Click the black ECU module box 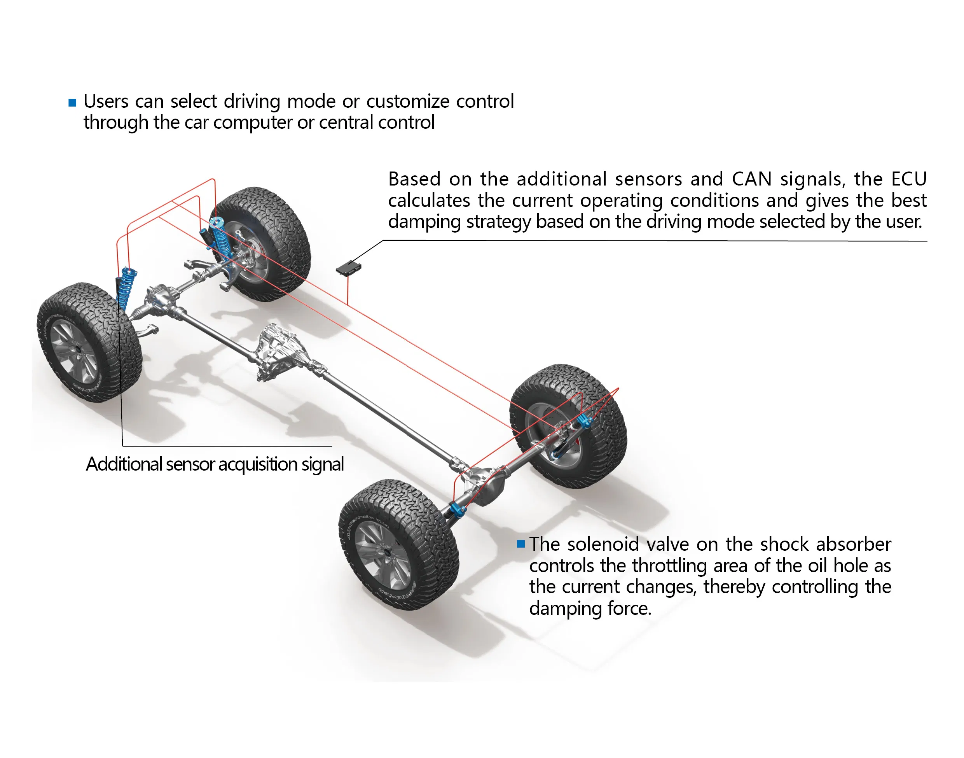pos(348,268)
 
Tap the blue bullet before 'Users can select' pos(72,103)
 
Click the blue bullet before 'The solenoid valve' pos(521,544)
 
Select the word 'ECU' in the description pos(909,179)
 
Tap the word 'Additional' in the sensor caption pos(124,464)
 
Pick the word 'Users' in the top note pos(106,101)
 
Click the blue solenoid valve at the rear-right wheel pos(585,421)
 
